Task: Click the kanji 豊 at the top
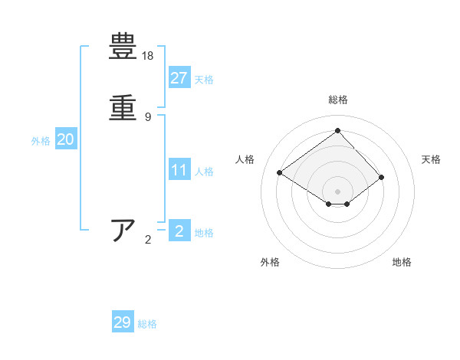tap(123, 47)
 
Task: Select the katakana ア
tap(123, 231)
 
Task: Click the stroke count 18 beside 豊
tap(148, 56)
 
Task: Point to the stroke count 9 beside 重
tap(147, 117)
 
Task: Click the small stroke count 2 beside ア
tap(148, 240)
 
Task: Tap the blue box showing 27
tap(179, 78)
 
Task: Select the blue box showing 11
tap(179, 170)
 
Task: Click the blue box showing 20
tap(66, 139)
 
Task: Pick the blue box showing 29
tap(123, 322)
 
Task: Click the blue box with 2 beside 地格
tap(179, 231)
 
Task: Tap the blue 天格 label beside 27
tap(204, 80)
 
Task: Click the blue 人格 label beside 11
tap(204, 172)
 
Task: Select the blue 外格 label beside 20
tap(41, 141)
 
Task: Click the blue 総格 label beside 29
tap(147, 324)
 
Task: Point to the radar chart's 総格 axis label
tap(338, 100)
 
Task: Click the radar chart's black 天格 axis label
tap(431, 159)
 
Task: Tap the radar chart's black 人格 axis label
tap(245, 159)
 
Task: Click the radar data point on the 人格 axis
tap(280, 173)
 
